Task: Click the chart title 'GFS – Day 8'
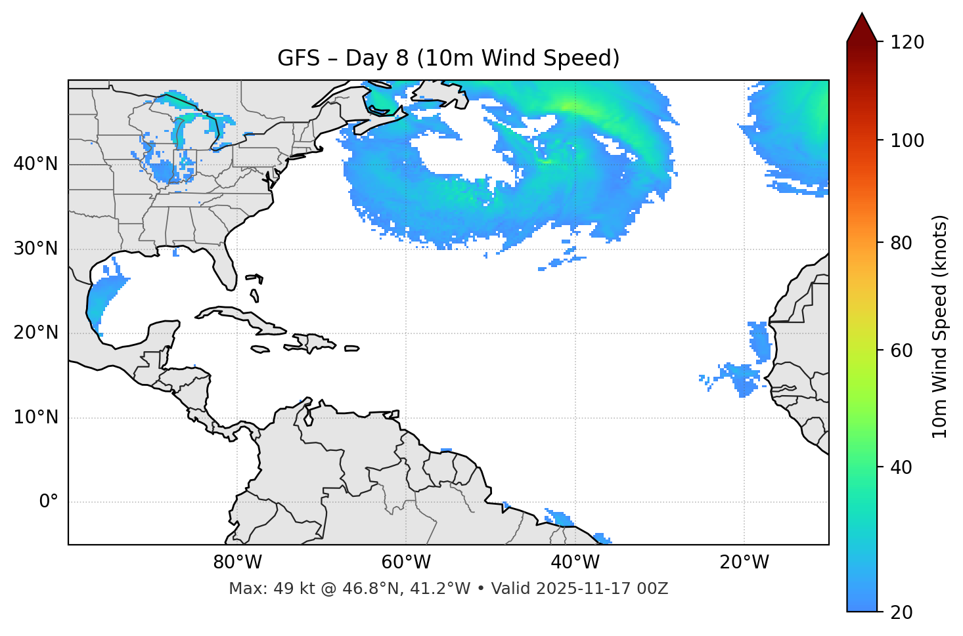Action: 448,58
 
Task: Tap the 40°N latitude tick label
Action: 35,164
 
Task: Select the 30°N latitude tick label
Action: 35,249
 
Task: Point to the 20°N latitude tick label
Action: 35,333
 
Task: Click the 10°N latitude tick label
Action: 35,417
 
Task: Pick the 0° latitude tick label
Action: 49,502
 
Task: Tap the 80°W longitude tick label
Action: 237,562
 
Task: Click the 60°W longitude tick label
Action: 406,562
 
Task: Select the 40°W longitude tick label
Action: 575,562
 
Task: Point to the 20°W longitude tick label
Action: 744,562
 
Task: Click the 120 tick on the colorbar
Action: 907,43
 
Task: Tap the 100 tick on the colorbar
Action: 907,140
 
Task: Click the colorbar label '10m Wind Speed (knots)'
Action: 940,327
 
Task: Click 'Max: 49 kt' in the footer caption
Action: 257,589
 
